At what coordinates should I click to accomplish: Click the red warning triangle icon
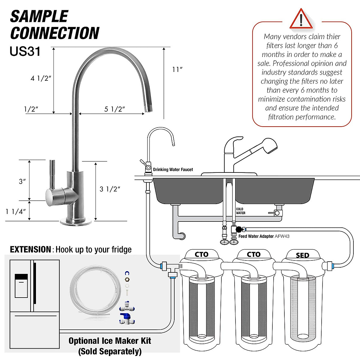[x=301, y=19]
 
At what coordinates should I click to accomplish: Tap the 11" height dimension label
[x=177, y=70]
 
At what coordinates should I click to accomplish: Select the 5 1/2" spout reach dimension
[x=114, y=109]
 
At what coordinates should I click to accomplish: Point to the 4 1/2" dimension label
[x=41, y=78]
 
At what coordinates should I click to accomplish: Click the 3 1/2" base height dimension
[x=110, y=189]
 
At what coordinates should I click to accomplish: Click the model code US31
[x=25, y=51]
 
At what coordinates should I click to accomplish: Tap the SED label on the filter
[x=302, y=255]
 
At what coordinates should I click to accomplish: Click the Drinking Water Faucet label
[x=173, y=169]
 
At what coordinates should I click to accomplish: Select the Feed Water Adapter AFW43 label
[x=264, y=236]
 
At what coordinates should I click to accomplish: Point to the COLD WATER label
[x=240, y=211]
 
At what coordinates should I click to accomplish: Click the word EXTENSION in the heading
[x=30, y=250]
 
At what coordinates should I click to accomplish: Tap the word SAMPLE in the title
[x=39, y=16]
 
